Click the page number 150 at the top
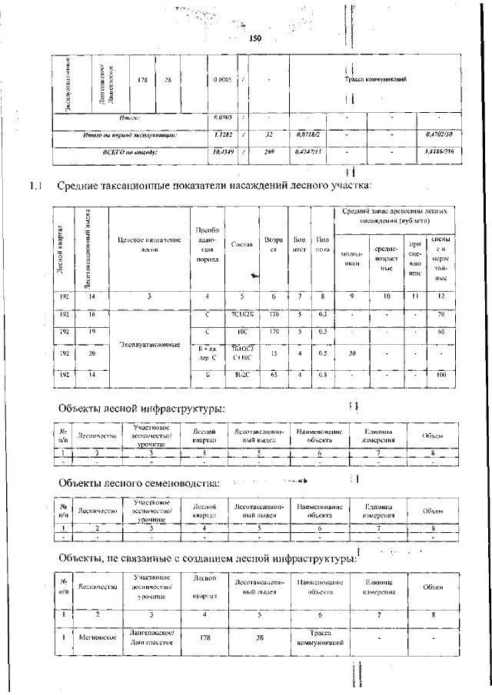click(x=256, y=38)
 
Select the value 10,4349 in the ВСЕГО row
click(x=224, y=152)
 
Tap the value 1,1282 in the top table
click(x=224, y=135)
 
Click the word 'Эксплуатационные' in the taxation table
click(x=149, y=345)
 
